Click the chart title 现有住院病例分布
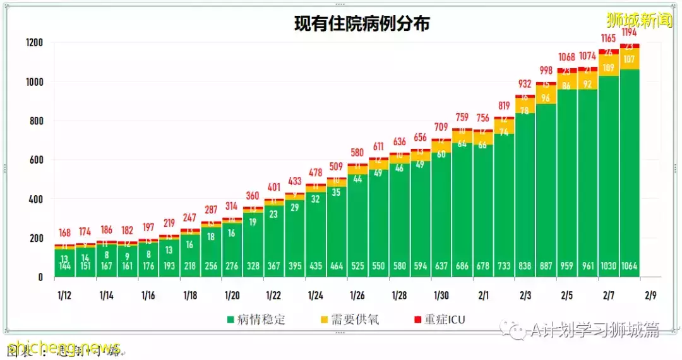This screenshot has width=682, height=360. click(x=362, y=24)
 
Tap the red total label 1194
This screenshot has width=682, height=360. click(x=629, y=32)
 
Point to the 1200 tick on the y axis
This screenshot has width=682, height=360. click(x=34, y=43)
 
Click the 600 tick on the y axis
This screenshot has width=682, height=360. click(x=37, y=160)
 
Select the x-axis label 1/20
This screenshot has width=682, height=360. click(x=231, y=296)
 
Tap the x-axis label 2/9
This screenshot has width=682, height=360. click(x=650, y=296)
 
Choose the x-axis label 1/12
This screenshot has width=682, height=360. click(x=64, y=296)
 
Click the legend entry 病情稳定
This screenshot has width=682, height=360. click(x=256, y=320)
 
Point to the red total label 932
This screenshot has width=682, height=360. click(x=525, y=84)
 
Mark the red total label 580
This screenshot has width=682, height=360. click(x=357, y=152)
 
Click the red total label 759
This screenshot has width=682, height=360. click(x=462, y=117)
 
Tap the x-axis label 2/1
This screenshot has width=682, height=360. click(x=483, y=296)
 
